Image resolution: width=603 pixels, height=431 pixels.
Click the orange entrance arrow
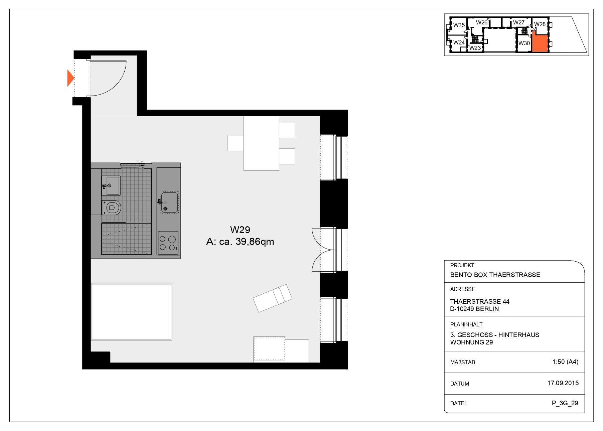point(70,78)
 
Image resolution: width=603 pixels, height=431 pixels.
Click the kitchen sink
point(169,202)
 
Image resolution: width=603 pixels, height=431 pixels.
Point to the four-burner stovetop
point(168,243)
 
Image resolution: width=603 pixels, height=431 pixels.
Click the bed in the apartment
point(132,312)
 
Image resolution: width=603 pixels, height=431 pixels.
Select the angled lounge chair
point(273,298)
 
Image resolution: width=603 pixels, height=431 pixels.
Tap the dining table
point(261,143)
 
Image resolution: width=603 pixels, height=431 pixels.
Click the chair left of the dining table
point(236,143)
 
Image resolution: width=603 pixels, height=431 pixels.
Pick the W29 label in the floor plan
point(240,230)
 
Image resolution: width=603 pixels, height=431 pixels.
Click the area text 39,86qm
point(255,242)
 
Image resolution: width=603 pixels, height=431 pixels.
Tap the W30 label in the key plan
point(524,43)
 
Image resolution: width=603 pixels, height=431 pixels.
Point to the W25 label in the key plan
point(459,25)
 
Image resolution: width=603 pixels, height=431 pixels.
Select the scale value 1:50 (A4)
point(565,362)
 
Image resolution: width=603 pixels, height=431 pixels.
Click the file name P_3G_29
point(565,403)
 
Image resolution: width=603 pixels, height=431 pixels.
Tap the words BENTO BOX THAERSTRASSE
point(495,275)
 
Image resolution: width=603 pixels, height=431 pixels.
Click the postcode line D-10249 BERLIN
point(474,309)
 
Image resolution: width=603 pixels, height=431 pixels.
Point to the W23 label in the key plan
point(475,48)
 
